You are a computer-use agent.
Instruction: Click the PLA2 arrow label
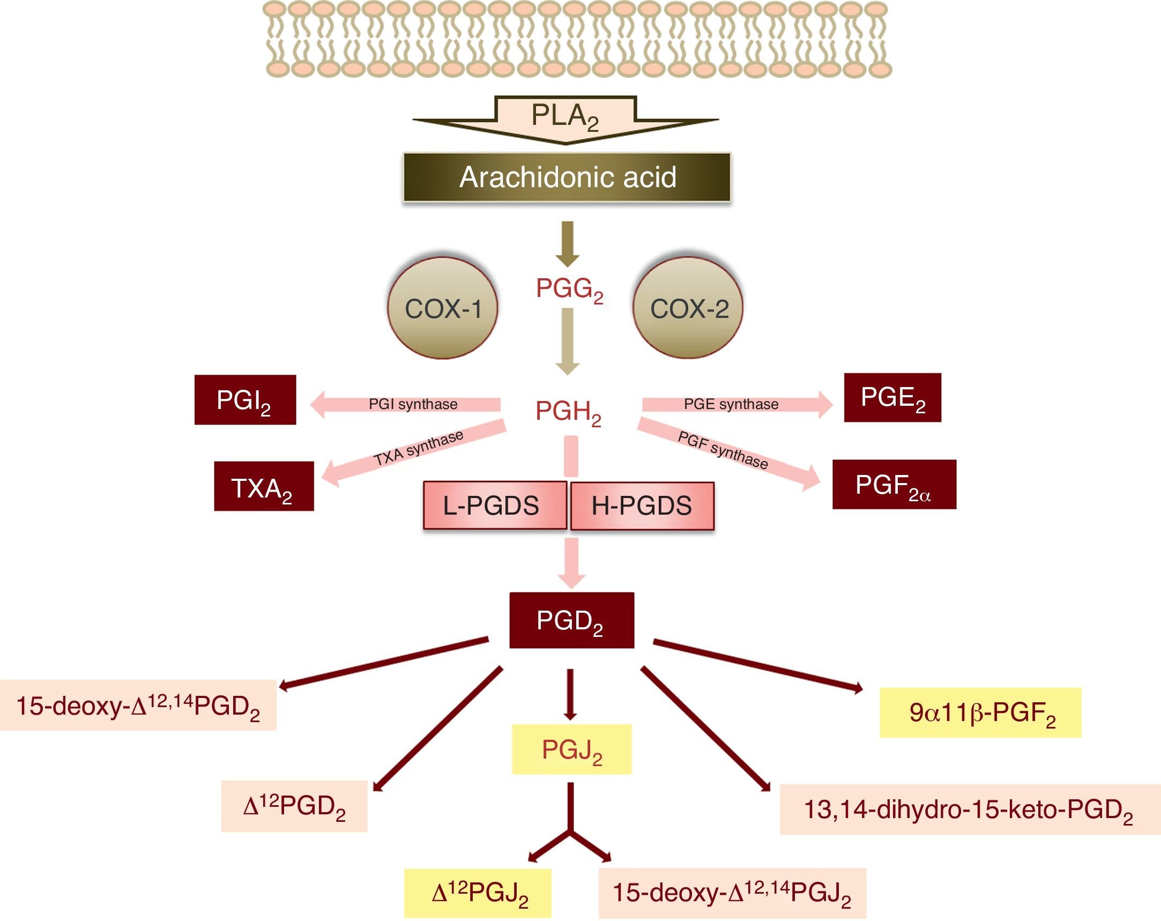(565, 116)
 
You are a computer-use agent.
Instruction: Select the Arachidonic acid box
(567, 177)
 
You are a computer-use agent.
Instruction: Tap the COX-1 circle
(443, 308)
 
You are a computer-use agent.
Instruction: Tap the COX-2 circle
(688, 308)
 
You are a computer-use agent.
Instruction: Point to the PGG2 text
(569, 290)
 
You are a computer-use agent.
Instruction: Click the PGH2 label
(568, 413)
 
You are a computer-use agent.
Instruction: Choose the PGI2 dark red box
(245, 400)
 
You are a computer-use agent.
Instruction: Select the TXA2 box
(263, 486)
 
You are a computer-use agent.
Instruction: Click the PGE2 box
(892, 397)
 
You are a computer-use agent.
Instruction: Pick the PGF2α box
(894, 485)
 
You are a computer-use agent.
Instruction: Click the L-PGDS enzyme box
(494, 506)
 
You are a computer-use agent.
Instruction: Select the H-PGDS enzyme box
(642, 506)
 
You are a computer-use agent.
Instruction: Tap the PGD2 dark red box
(571, 620)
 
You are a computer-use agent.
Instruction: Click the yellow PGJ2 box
(571, 749)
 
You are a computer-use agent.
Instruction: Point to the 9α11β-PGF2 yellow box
(979, 712)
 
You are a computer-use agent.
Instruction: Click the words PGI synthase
(413, 404)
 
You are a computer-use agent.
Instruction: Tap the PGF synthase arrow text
(723, 450)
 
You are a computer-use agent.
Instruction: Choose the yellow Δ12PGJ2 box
(478, 893)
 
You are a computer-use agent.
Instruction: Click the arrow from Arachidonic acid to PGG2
(568, 243)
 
